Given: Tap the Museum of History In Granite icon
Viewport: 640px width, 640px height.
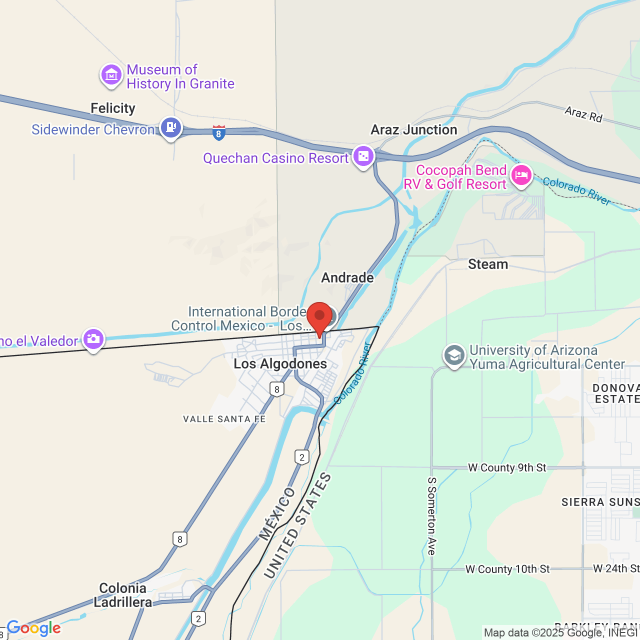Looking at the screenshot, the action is click(111, 75).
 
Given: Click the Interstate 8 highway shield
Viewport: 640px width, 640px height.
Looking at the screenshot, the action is click(218, 133).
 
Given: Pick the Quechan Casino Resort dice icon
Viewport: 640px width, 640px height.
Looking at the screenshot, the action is click(363, 156).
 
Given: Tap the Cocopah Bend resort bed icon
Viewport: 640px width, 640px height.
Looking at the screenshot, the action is click(521, 175).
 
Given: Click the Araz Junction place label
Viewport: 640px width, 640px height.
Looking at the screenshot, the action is click(414, 130).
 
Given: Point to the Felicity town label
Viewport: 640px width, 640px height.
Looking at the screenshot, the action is click(113, 108).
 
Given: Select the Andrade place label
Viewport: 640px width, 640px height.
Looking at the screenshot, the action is click(347, 278).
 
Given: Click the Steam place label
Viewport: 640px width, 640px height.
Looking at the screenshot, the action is click(488, 264).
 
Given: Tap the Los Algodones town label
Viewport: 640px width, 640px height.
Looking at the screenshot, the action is click(280, 364).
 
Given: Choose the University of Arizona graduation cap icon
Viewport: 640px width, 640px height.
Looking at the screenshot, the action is click(454, 355).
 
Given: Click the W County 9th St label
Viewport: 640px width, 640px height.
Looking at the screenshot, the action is click(507, 468).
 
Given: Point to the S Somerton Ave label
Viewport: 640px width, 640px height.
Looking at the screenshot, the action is click(432, 516).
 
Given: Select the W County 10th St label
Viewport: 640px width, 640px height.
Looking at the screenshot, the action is click(507, 569).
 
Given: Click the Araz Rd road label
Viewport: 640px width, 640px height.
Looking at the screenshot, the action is click(583, 114).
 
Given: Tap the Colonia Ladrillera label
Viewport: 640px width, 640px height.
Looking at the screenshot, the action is click(123, 595).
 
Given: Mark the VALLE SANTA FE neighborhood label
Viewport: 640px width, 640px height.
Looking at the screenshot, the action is click(224, 419).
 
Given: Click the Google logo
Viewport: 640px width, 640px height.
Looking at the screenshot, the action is click(34, 628).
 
